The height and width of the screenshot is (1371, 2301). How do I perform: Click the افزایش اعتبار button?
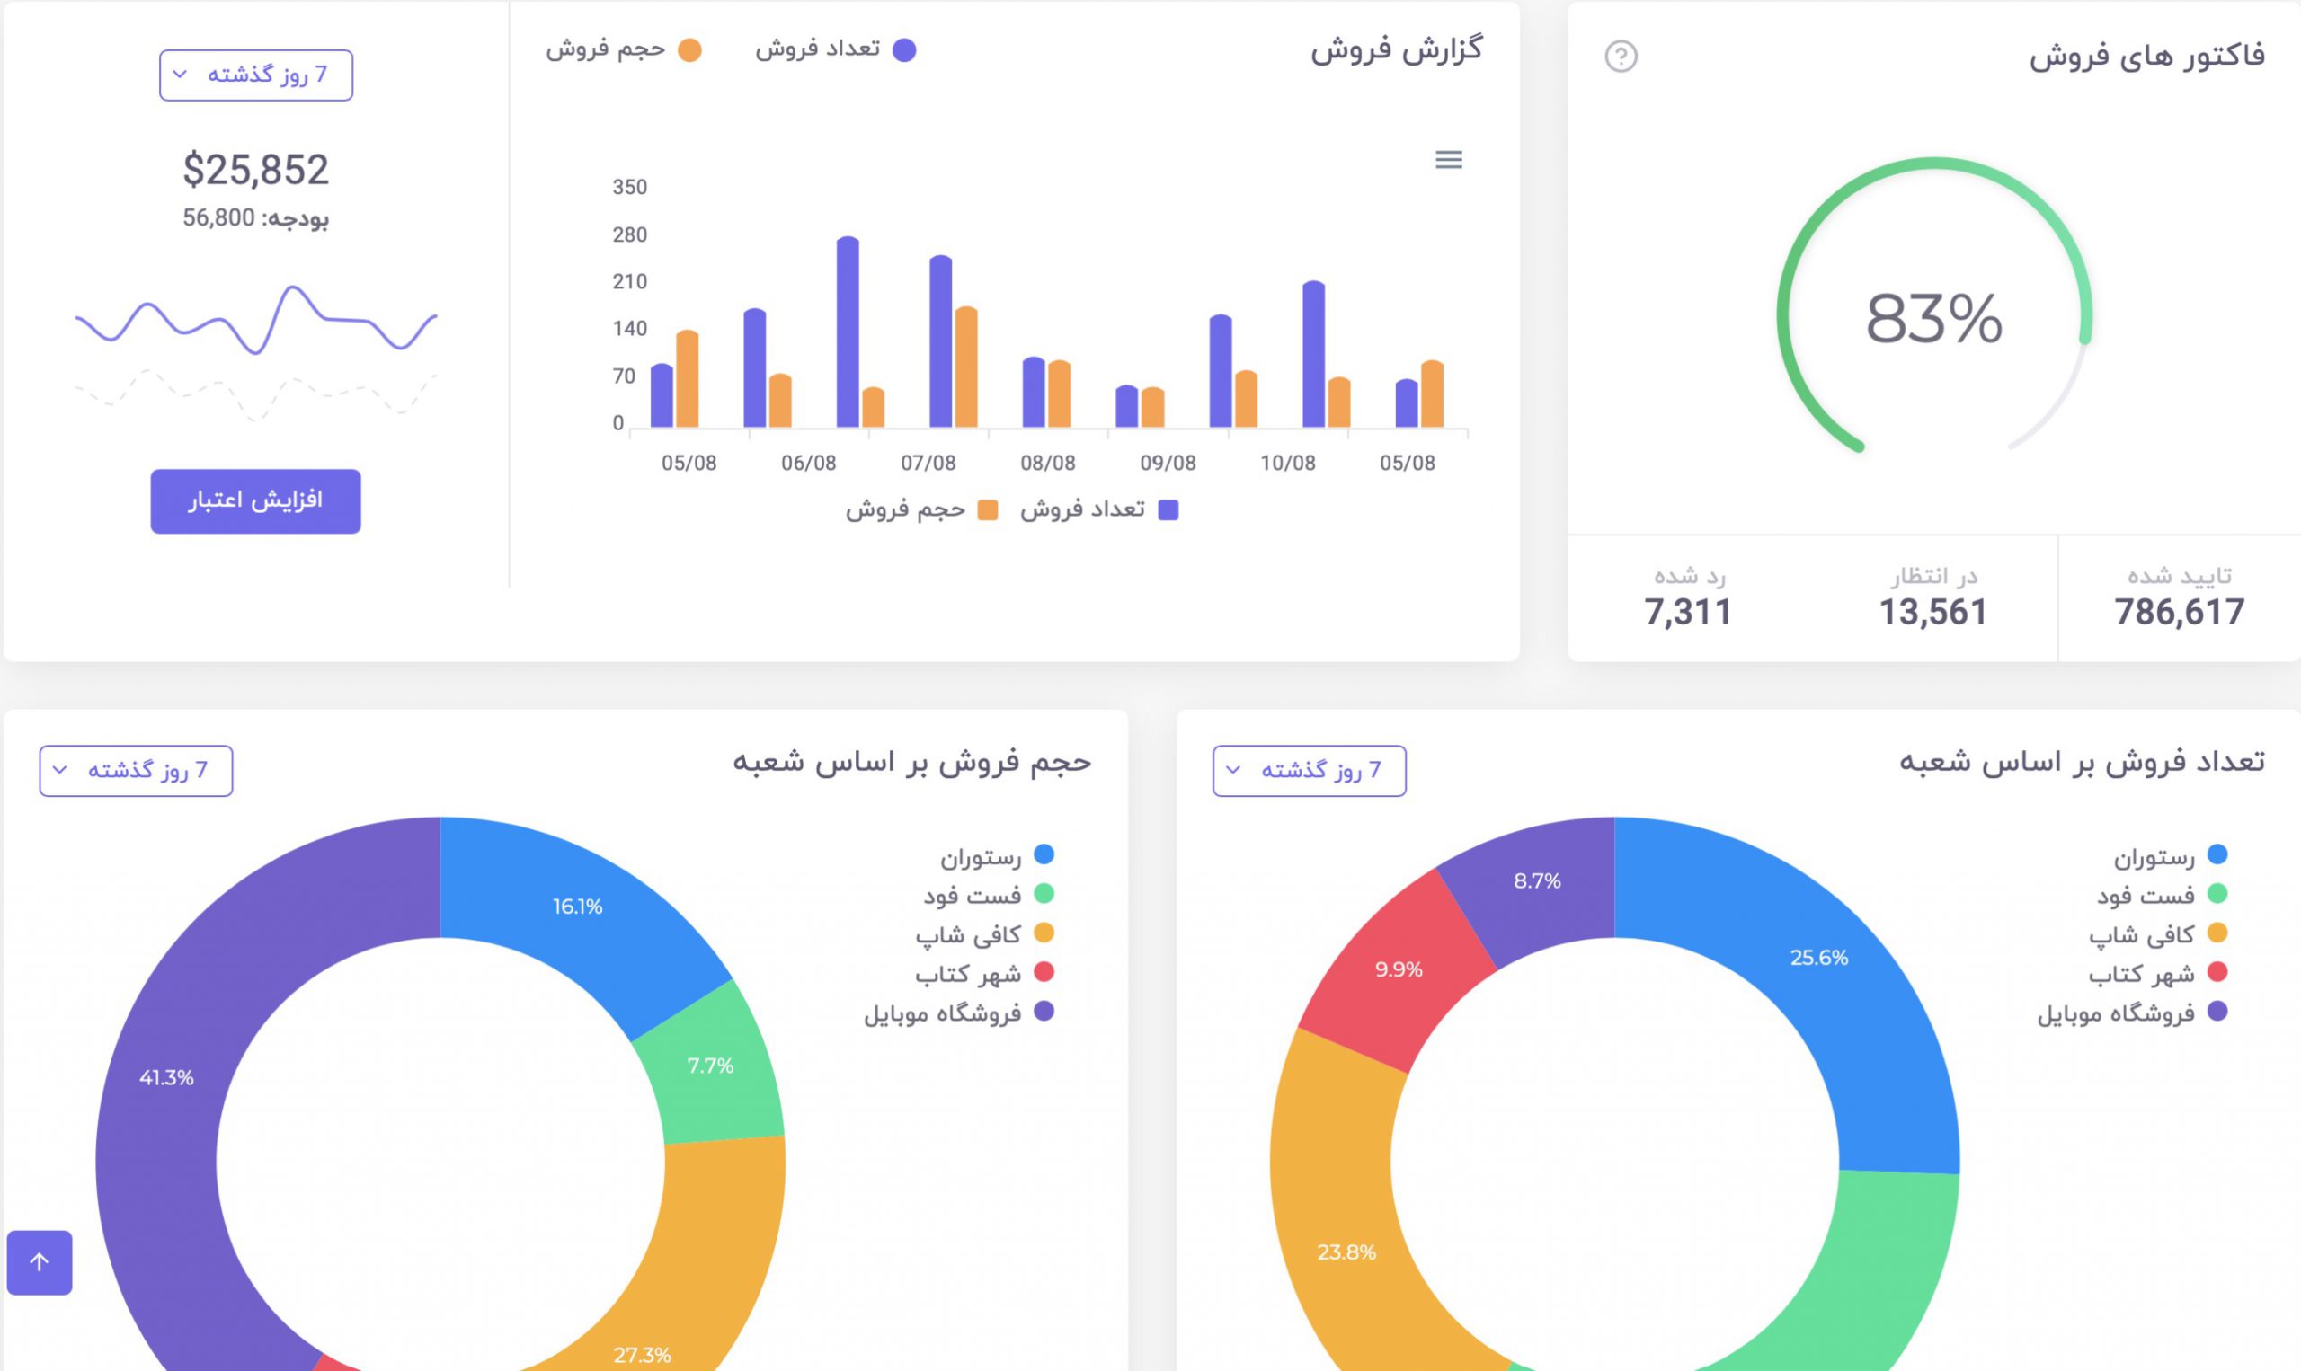click(255, 500)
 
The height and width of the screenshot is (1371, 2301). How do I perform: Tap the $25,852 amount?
click(255, 170)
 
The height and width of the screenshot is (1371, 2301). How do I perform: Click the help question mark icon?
click(1620, 57)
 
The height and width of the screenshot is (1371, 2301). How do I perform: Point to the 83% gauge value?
click(1933, 320)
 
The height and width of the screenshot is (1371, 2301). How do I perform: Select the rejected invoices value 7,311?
click(1687, 612)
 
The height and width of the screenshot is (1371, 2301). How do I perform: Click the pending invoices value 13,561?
click(1932, 612)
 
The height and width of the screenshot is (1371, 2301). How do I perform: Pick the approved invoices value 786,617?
click(2178, 612)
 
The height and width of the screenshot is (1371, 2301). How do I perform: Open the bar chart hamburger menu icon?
click(1448, 160)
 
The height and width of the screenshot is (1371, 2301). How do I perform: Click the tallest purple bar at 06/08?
click(848, 332)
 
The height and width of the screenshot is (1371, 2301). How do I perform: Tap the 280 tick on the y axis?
click(629, 234)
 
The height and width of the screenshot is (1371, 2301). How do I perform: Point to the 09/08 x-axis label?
click(1168, 463)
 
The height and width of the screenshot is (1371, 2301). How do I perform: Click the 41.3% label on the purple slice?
click(166, 1077)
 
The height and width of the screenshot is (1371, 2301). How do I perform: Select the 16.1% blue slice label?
click(578, 907)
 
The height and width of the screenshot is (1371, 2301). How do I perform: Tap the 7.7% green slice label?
click(710, 1066)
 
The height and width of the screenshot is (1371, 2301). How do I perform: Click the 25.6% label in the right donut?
click(1818, 957)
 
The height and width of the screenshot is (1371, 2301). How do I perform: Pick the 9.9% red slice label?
click(1399, 969)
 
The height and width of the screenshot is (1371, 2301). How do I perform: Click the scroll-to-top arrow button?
click(39, 1262)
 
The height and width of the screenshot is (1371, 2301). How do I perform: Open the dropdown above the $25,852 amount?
click(255, 75)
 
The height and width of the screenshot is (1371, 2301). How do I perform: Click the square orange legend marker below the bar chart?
click(987, 510)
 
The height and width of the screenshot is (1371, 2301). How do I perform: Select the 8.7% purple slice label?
click(1537, 880)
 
